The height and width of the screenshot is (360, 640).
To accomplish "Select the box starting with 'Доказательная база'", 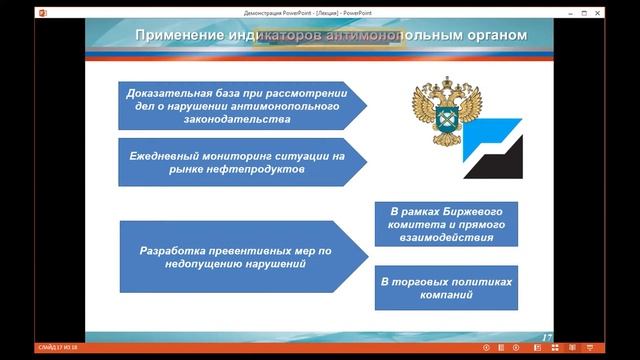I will pyautogui.click(x=236, y=105).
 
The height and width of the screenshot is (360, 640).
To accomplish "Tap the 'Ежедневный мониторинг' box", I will pyautogui.click(x=236, y=163).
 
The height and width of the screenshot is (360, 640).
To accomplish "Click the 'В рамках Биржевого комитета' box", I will pyautogui.click(x=447, y=226).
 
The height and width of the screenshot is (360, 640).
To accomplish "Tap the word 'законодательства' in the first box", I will pyautogui.click(x=236, y=118).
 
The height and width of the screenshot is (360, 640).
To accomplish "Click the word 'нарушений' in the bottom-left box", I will pyautogui.click(x=270, y=265).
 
